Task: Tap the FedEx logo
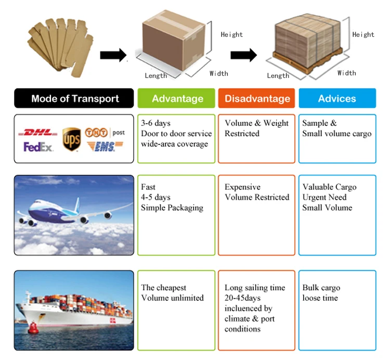coord(38,147)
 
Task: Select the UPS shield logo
coord(71,140)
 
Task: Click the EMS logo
coord(105,147)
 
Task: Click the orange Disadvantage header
coord(257,98)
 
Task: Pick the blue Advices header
coord(337,98)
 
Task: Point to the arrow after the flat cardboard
coord(113,54)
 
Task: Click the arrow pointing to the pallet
coord(243,54)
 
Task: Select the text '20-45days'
coord(243,298)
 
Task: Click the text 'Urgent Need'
coord(324,197)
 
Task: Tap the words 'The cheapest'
coord(163,288)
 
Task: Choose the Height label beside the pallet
coord(363,35)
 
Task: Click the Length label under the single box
coord(156,76)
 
